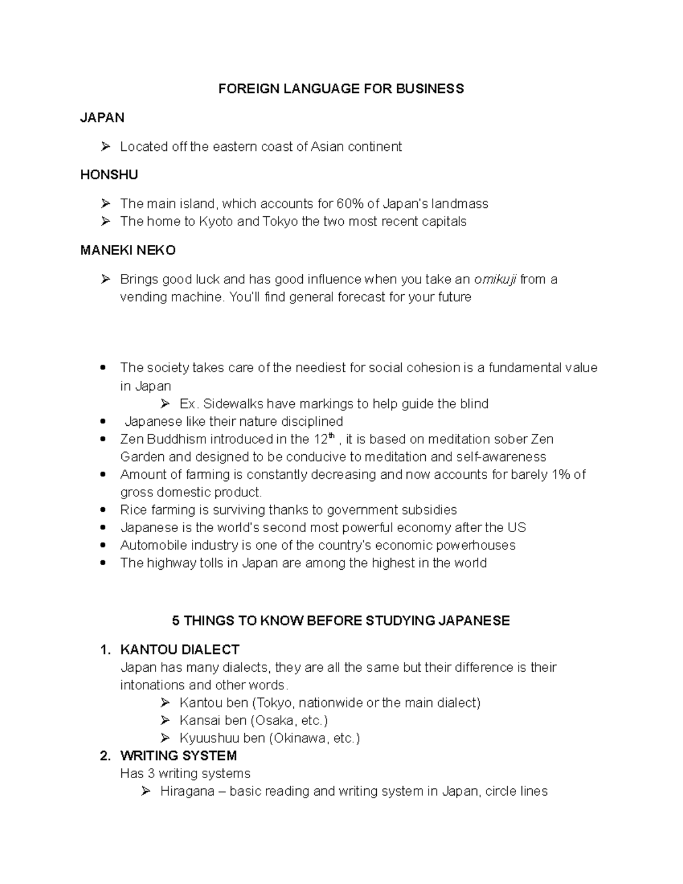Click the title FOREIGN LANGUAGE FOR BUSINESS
pyautogui.click(x=341, y=89)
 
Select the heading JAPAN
pyautogui.click(x=102, y=118)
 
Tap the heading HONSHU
pyautogui.click(x=109, y=175)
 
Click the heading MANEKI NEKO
pyautogui.click(x=127, y=250)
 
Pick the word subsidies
pyautogui.click(x=429, y=510)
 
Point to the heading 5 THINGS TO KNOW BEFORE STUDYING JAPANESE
pyautogui.click(x=341, y=620)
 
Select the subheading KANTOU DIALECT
pyautogui.click(x=179, y=649)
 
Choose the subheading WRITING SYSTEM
pyautogui.click(x=178, y=756)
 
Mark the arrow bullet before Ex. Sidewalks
pyautogui.click(x=165, y=404)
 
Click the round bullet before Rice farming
pyautogui.click(x=102, y=510)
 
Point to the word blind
pyautogui.click(x=474, y=404)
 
